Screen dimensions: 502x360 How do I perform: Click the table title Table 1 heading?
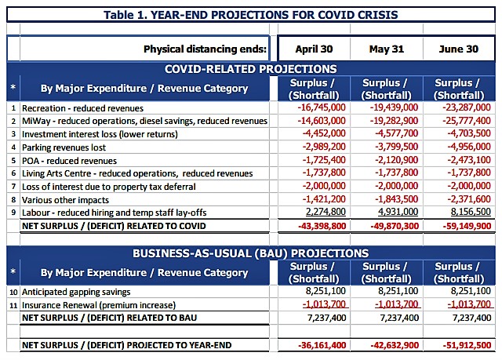click(x=251, y=15)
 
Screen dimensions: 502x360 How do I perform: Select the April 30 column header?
click(x=314, y=49)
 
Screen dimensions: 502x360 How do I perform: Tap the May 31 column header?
click(x=387, y=49)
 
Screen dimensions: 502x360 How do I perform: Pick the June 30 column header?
click(x=458, y=49)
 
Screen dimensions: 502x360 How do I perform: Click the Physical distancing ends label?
click(x=205, y=49)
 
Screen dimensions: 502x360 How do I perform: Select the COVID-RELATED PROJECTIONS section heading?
click(x=251, y=69)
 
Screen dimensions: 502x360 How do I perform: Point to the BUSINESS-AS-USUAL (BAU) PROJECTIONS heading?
click(x=251, y=253)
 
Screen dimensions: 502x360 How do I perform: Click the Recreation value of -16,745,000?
click(x=322, y=107)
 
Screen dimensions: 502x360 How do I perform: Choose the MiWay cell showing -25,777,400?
click(x=467, y=121)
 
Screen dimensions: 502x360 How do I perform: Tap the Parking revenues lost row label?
click(x=64, y=147)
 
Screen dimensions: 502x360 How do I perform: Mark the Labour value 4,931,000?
click(x=398, y=212)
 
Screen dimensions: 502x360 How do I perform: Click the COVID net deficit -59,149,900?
click(x=467, y=226)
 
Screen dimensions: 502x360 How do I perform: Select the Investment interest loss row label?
click(x=100, y=134)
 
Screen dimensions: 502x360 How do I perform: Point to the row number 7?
click(x=13, y=187)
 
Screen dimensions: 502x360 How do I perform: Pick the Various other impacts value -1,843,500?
click(x=397, y=199)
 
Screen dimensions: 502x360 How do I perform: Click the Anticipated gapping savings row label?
click(x=76, y=292)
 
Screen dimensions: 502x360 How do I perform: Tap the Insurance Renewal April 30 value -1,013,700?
click(x=324, y=304)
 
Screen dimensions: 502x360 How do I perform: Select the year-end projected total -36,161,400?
click(x=322, y=345)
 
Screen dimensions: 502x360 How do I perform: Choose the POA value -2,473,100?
click(x=469, y=160)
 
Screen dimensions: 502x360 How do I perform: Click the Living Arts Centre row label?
click(x=137, y=173)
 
